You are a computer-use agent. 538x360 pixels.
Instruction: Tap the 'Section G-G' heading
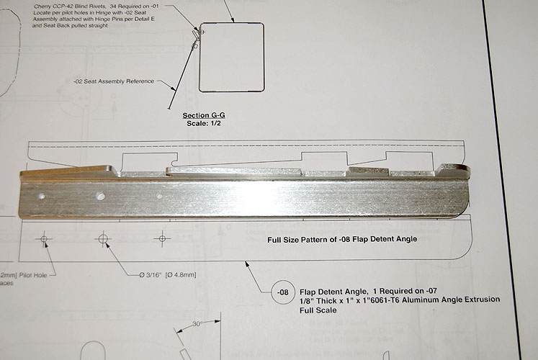tap(203, 115)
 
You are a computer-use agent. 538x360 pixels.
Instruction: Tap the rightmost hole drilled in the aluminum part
tap(159, 196)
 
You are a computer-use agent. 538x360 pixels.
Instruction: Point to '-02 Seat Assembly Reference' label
tap(113, 81)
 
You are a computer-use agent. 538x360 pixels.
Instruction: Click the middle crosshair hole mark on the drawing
tap(103, 238)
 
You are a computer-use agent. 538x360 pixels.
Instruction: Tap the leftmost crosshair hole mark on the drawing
tap(45, 238)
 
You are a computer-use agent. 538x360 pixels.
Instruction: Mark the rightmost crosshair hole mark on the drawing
tap(163, 237)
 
